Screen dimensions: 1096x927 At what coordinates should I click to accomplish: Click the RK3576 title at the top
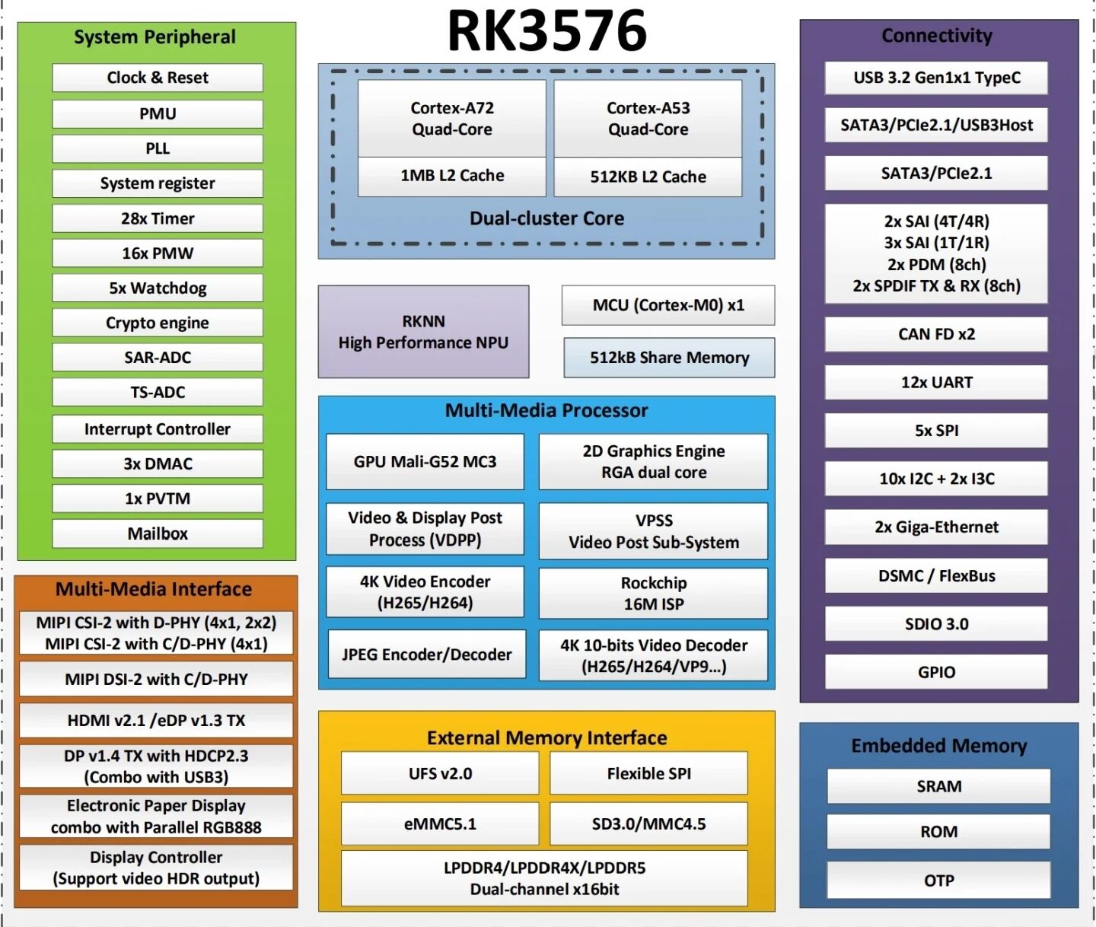coord(546,30)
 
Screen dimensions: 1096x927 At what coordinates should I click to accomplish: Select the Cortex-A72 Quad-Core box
coord(452,118)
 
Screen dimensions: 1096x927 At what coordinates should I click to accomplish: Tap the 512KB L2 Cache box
coord(648,177)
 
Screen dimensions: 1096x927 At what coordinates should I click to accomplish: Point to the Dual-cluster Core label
coord(546,218)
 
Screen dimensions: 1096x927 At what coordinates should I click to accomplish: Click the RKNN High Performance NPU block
coord(423,331)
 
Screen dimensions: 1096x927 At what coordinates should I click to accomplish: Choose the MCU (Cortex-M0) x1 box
coord(668,305)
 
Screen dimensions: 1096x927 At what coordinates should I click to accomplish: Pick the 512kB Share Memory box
coord(669,358)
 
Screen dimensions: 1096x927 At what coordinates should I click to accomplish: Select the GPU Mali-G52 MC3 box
coord(425,461)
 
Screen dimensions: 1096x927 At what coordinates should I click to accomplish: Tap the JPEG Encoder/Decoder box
coord(427,654)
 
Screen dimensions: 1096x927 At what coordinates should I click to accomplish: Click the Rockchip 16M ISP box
coord(653,593)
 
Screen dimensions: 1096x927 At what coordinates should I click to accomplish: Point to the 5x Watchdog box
coord(158,288)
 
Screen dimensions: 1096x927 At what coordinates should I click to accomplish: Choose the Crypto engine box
coord(158,323)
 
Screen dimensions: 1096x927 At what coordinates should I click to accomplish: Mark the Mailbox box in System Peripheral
coord(158,533)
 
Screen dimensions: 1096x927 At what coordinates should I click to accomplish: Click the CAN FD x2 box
coord(936,334)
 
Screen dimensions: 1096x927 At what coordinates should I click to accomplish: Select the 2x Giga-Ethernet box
coord(936,527)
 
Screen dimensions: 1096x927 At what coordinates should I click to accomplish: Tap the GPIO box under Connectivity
coord(936,671)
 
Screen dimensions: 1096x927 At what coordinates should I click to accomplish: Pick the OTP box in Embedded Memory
coord(938,881)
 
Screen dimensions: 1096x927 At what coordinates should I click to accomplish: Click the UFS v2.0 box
coord(440,773)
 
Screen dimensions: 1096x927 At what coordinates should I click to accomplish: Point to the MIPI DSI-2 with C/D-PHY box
coord(156,679)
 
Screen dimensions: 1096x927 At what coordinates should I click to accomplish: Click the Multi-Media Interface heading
coord(154,589)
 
